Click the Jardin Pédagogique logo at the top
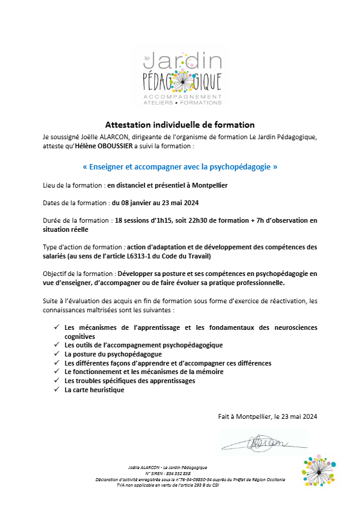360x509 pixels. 180,79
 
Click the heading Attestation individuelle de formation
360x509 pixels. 180,124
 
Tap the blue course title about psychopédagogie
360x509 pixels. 180,166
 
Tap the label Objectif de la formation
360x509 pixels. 79,274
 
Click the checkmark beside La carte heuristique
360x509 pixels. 56,390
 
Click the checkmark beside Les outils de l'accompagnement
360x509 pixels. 56,345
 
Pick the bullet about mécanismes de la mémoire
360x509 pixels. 144,372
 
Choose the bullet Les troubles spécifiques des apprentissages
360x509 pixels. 130,381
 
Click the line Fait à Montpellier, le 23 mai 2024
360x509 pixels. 267,416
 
